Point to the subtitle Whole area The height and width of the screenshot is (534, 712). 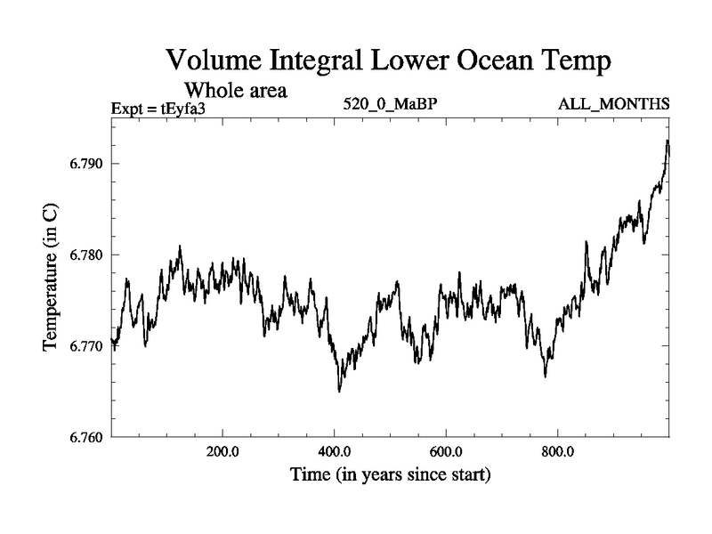[x=235, y=89]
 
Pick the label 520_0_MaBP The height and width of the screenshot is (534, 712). [x=390, y=105]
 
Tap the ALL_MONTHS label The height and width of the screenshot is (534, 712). [x=613, y=105]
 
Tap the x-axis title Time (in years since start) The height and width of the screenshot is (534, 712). [x=391, y=475]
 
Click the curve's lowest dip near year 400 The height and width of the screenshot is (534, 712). [x=339, y=391]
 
